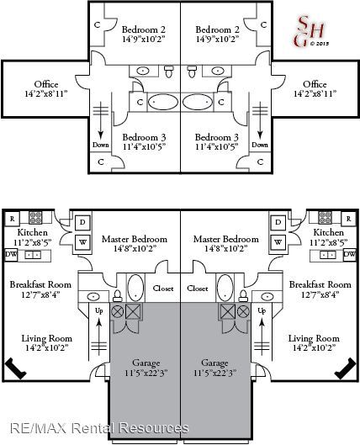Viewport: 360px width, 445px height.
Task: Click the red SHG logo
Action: point(310,31)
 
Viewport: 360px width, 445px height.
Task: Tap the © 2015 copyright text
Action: point(320,44)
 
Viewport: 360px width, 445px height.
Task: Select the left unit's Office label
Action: point(46,84)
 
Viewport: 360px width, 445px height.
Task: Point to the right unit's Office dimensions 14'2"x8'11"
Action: point(315,93)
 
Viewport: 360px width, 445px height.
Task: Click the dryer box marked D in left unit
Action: point(82,222)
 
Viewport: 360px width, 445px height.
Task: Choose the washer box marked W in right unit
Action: point(278,242)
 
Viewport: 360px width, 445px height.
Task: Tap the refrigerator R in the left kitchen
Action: point(12,219)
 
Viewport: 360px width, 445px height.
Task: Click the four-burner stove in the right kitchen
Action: point(325,218)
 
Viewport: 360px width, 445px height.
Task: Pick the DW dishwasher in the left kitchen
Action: point(11,255)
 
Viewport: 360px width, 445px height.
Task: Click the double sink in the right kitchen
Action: point(327,255)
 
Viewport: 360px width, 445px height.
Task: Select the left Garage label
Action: point(146,363)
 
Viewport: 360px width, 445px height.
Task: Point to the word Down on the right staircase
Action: point(260,145)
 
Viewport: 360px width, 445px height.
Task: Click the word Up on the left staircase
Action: point(99,311)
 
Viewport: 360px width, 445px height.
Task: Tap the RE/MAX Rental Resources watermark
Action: point(99,428)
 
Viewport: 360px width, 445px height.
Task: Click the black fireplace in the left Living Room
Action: point(16,368)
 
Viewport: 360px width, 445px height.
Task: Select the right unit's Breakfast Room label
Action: point(320,284)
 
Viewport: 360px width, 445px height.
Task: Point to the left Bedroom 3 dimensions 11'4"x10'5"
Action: point(144,147)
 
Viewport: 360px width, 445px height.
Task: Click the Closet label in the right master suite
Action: point(198,289)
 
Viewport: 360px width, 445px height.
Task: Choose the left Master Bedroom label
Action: point(135,239)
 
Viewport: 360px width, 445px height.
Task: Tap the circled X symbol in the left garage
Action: point(116,312)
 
